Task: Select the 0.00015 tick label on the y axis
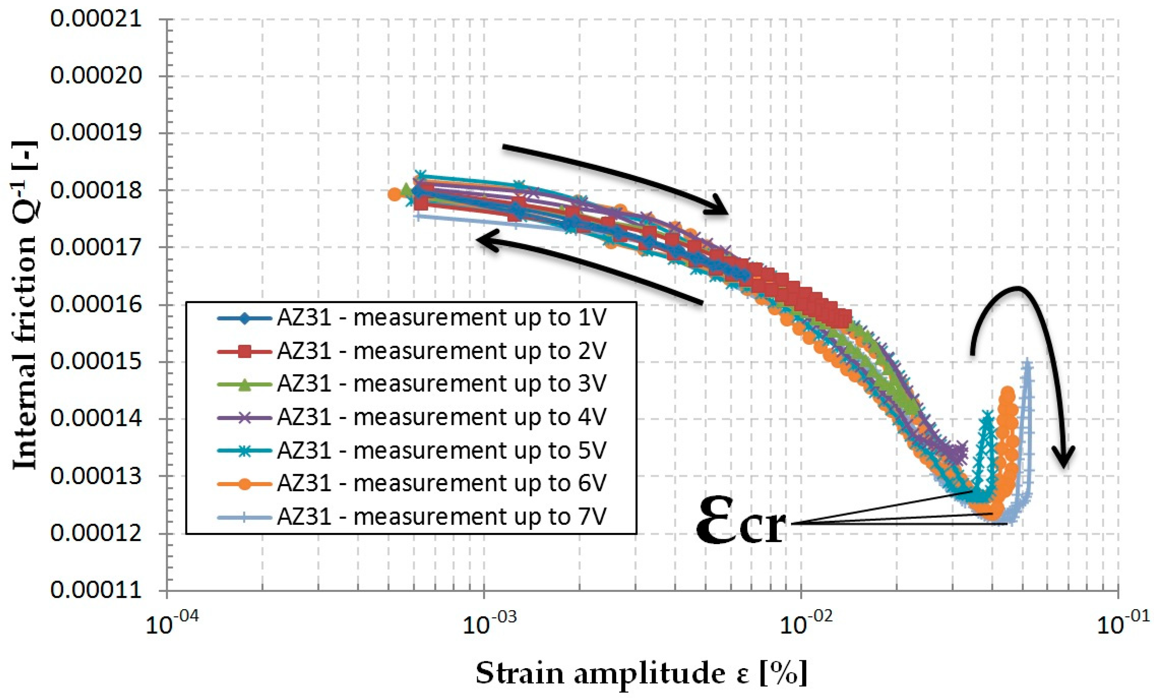(96, 362)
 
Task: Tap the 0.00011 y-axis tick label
(96, 590)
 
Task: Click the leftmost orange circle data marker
(394, 194)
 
